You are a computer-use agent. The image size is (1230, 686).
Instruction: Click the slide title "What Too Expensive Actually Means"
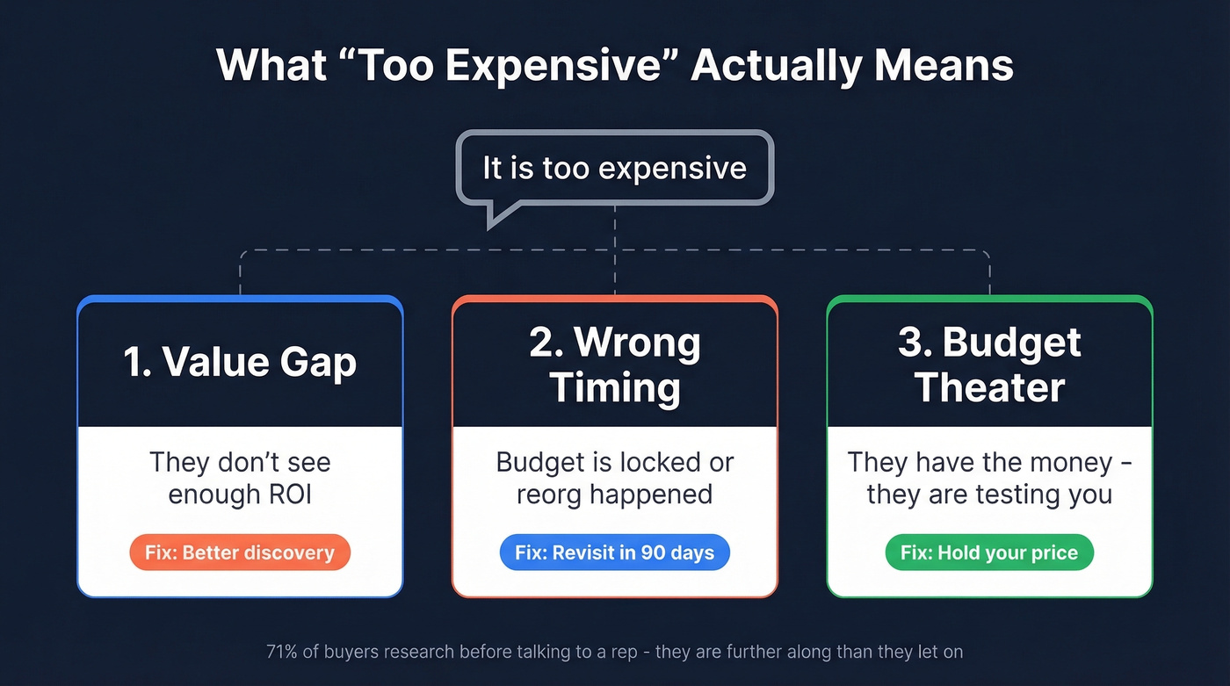pos(614,66)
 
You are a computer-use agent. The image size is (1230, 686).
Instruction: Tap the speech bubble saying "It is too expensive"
pos(614,168)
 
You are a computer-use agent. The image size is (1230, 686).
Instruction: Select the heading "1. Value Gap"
pos(240,362)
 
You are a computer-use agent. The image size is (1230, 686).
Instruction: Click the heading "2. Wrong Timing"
pos(614,365)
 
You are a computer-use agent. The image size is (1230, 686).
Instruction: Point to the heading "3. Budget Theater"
pos(989,365)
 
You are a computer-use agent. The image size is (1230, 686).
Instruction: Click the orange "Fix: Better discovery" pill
pos(240,552)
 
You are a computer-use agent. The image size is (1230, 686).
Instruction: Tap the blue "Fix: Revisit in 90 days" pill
pos(614,552)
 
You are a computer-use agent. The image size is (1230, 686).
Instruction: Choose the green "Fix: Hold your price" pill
pos(989,552)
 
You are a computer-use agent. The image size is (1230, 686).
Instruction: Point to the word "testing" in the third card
pos(1011,495)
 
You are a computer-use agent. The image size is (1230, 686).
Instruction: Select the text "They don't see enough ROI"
pos(240,478)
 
